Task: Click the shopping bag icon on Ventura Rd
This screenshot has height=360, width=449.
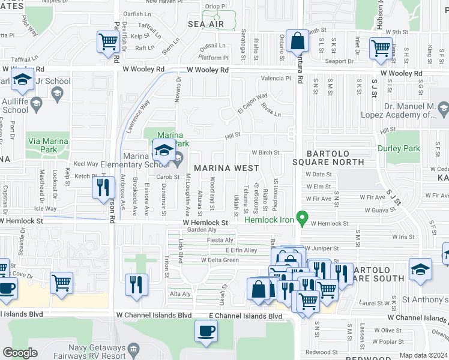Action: click(x=297, y=42)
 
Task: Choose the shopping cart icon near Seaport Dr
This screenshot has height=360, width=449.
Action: click(x=381, y=49)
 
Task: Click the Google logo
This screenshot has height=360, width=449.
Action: click(x=20, y=353)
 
